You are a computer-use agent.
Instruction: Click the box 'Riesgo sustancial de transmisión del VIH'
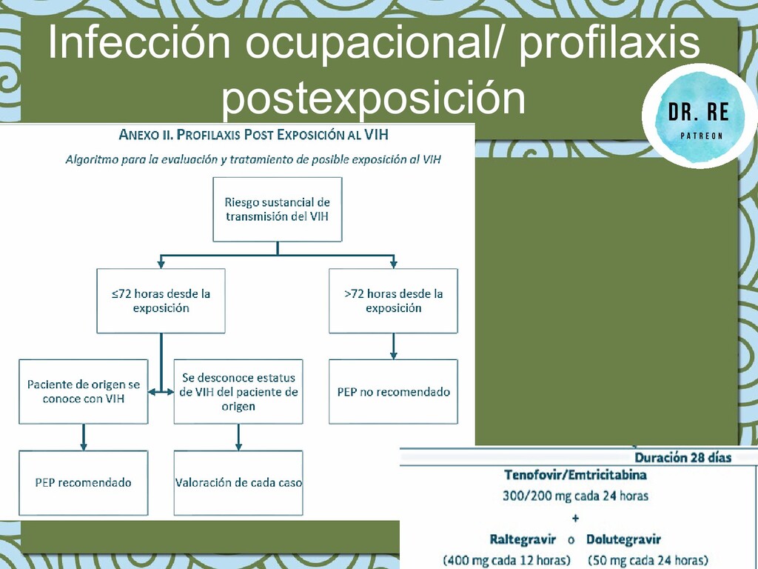tap(278, 209)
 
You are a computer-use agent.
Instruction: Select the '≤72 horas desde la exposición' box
tap(161, 300)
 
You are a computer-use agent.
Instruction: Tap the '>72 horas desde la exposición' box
tap(393, 300)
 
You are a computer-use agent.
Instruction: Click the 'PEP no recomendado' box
tap(393, 392)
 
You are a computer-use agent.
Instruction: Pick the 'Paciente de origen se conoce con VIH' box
tap(84, 392)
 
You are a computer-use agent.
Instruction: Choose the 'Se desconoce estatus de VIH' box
tap(238, 392)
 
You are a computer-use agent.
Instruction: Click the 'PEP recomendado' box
tap(84, 482)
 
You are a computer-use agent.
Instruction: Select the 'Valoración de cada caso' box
tap(238, 482)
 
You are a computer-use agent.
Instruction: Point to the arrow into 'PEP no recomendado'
tap(393, 347)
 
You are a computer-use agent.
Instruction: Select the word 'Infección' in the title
tap(139, 44)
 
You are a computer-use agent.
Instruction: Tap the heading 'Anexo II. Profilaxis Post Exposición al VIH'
tap(254, 135)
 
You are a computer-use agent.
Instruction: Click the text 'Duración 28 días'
tap(682, 457)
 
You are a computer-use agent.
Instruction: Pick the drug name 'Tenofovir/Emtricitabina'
tap(575, 475)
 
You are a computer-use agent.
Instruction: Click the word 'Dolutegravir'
tap(623, 539)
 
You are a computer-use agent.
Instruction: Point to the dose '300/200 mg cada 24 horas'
tap(575, 496)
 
